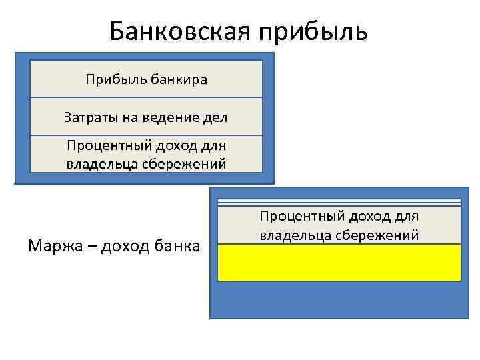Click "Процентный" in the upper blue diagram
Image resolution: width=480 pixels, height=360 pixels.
point(107,146)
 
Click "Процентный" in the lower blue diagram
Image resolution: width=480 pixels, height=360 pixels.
point(300,217)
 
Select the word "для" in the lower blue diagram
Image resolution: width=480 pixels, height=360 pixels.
point(406,217)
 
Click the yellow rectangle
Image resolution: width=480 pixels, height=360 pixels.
point(339,262)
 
